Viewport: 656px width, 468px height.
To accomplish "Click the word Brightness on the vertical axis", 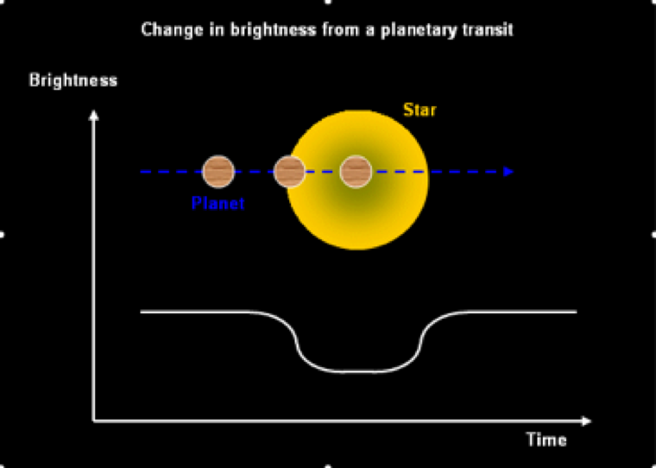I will [x=73, y=81].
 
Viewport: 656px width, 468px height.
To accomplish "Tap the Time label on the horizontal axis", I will [x=546, y=440].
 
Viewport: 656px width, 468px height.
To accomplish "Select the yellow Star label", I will [x=419, y=111].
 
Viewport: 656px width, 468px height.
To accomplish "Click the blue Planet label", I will [x=218, y=205].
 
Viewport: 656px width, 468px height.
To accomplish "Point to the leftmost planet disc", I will [x=218, y=172].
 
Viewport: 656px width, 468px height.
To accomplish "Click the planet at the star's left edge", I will [x=289, y=172].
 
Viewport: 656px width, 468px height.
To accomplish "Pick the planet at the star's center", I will [x=356, y=172].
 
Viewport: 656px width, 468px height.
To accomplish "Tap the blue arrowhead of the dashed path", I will [x=508, y=172].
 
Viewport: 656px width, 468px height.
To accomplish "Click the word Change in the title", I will [x=165, y=30].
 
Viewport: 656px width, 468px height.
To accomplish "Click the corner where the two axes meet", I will [x=94, y=421].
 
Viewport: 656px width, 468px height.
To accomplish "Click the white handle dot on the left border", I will [x=3, y=234].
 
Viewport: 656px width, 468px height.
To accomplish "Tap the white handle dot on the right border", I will [x=653, y=234].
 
